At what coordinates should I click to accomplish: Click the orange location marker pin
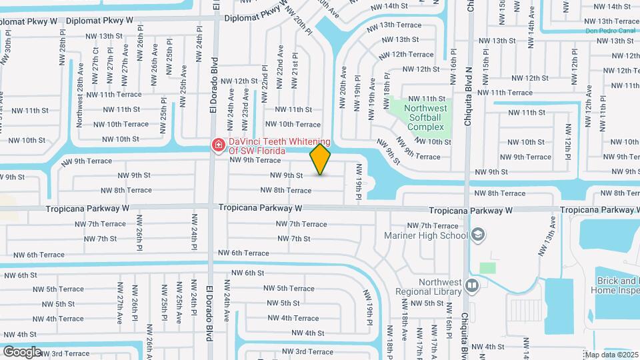[321, 159]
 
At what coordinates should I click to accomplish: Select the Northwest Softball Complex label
[426, 117]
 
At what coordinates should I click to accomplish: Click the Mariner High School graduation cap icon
[477, 235]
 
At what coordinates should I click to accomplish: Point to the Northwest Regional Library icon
[472, 286]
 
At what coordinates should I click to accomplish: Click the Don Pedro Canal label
[609, 31]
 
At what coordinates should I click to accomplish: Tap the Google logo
[22, 351]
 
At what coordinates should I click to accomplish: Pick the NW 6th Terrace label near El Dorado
[243, 253]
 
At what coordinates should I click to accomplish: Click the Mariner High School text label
[426, 235]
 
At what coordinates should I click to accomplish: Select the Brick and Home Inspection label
[614, 286]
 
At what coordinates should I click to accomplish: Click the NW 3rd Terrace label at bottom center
[307, 351]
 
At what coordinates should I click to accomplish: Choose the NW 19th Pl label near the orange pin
[359, 184]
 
